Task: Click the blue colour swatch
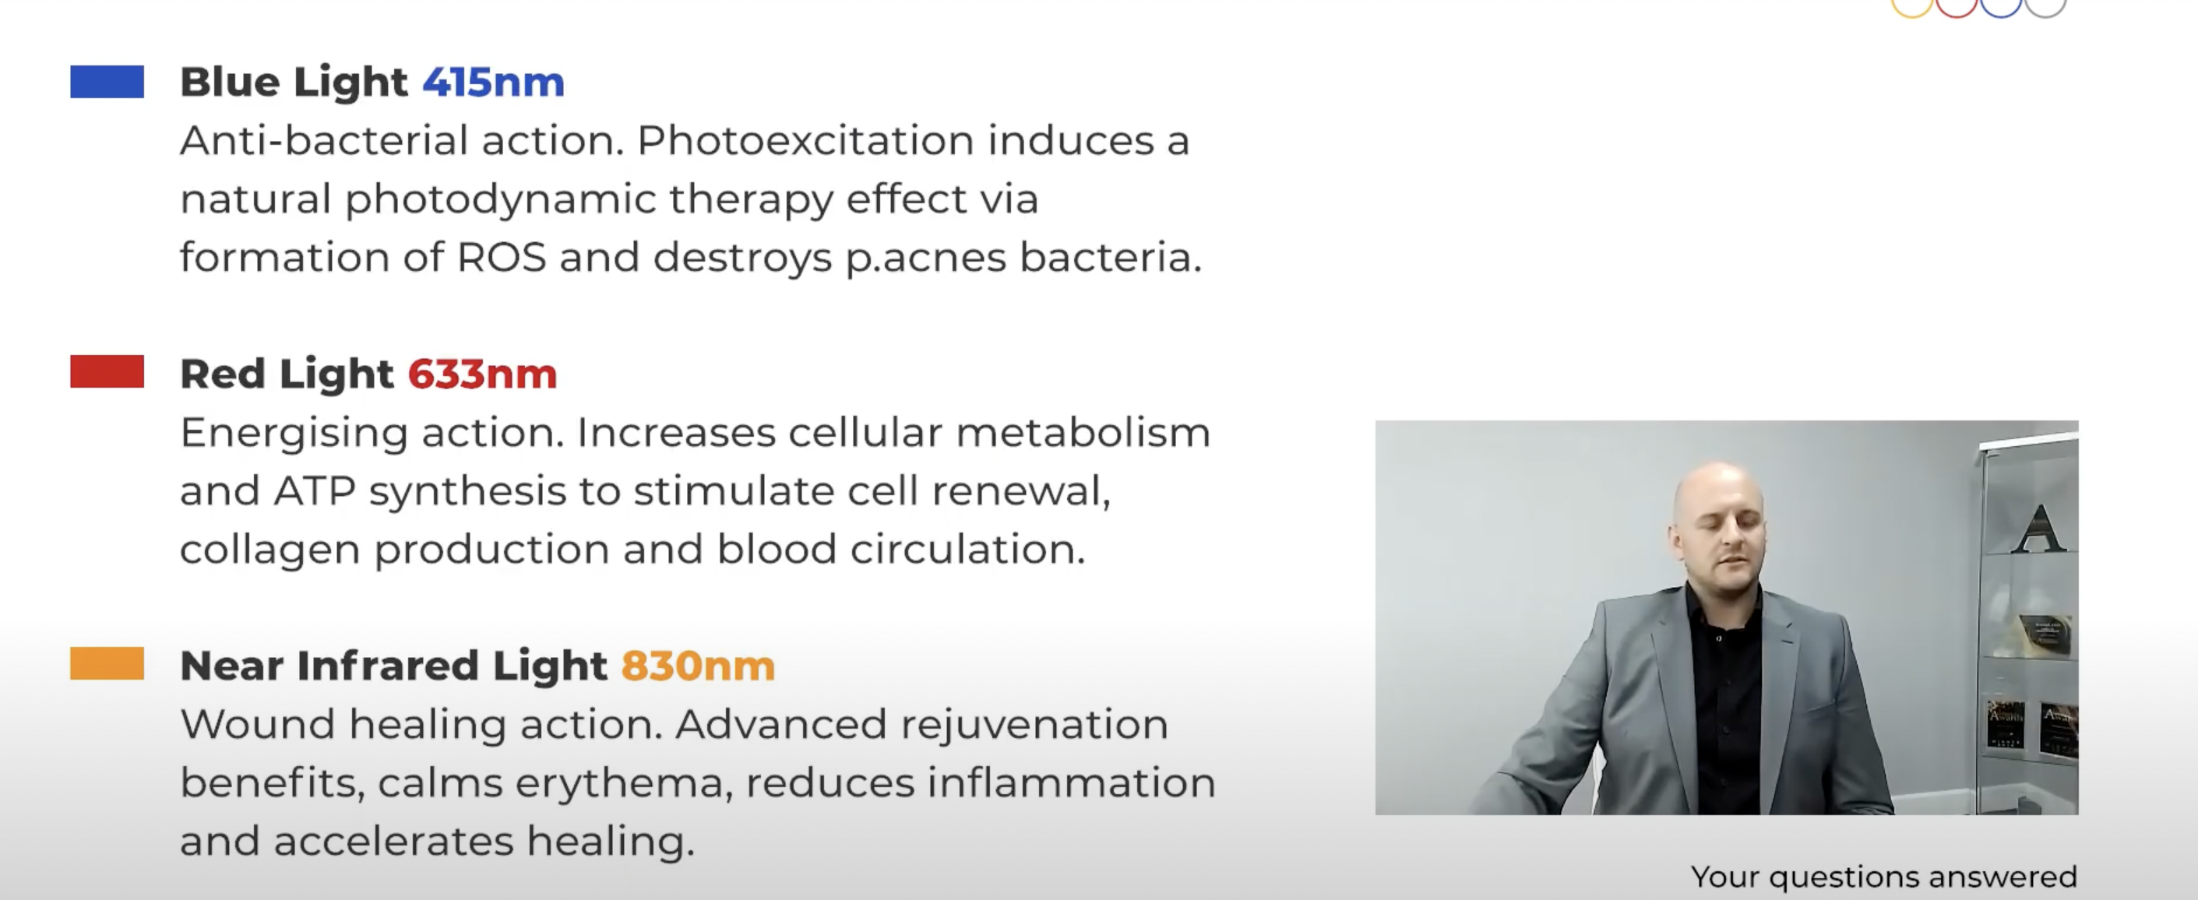click(107, 82)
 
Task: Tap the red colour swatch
click(107, 372)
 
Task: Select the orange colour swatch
click(107, 663)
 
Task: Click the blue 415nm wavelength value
click(493, 83)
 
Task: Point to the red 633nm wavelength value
click(482, 374)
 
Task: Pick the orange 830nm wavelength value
click(698, 666)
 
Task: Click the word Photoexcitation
click(805, 141)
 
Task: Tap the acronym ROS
click(501, 257)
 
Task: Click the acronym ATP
click(314, 491)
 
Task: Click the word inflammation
click(1072, 782)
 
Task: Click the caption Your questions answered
click(1884, 877)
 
